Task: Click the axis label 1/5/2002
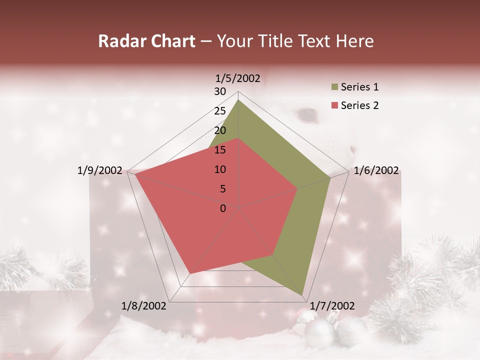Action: pos(238,78)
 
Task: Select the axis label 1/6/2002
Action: pos(376,170)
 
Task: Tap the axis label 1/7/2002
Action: pos(332,306)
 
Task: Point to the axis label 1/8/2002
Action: pos(144,306)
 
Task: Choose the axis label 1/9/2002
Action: pos(100,170)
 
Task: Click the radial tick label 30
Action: pos(220,91)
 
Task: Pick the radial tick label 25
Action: pos(220,111)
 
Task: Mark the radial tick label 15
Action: pos(220,150)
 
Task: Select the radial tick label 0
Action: pos(223,208)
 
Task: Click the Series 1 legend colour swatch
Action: pos(334,87)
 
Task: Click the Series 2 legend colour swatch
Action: pos(334,105)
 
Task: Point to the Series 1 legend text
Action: pos(359,87)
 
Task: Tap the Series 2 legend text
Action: pos(359,105)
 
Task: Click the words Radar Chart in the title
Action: pos(146,41)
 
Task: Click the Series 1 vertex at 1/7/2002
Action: pos(303,294)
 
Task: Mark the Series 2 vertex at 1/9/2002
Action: pos(135,174)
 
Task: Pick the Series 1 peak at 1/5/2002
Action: pos(238,100)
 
